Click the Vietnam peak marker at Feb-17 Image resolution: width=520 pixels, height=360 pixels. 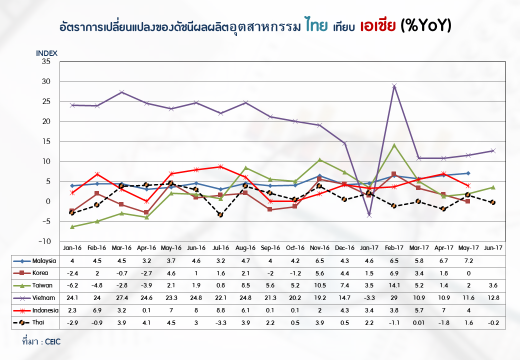(x=394, y=86)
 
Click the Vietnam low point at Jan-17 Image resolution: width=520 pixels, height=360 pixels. (x=369, y=215)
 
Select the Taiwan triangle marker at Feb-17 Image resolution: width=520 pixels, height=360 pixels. (x=394, y=145)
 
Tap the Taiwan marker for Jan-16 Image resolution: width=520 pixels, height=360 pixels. (x=72, y=226)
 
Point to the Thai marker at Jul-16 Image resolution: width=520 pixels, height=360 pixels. (x=220, y=214)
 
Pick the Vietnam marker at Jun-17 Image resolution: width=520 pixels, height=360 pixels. (x=493, y=150)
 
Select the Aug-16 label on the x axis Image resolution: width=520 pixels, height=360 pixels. (x=245, y=248)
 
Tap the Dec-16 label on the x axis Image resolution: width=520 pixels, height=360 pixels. (x=344, y=248)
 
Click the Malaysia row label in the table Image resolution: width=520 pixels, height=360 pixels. (x=43, y=261)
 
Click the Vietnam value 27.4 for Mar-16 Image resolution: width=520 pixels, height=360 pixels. (x=121, y=298)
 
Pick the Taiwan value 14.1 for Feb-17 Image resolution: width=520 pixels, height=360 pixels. (x=394, y=285)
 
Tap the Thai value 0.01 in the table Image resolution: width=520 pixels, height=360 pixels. (x=419, y=323)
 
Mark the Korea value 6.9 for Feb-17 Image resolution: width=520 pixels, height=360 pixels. (x=394, y=273)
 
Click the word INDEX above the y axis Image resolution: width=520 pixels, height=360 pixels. (x=47, y=53)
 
